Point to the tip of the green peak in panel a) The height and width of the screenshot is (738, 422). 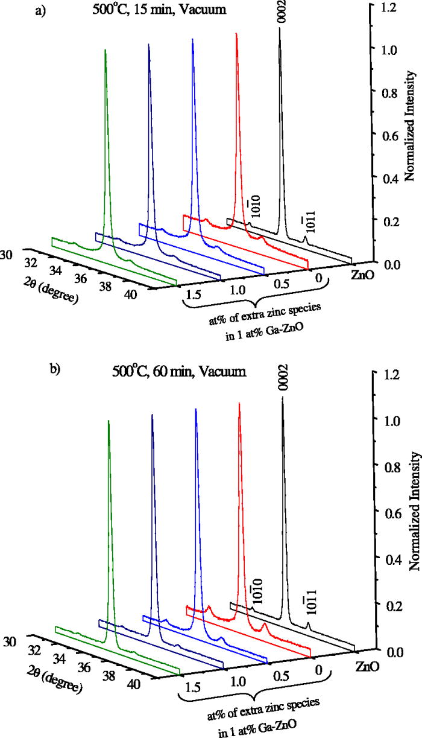pyautogui.click(x=105, y=50)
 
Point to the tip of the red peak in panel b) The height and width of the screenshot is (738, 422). pyautogui.click(x=239, y=403)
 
